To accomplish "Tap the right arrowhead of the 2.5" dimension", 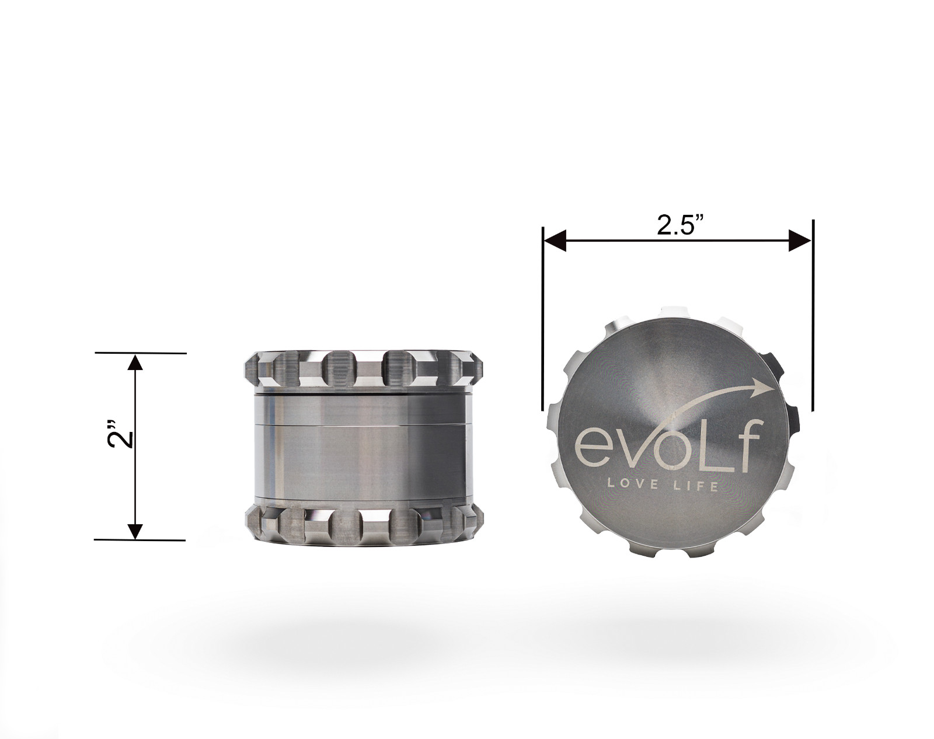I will (x=799, y=240).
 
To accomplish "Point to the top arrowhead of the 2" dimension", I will (x=135, y=363).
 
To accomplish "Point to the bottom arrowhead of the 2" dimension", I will (x=135, y=531).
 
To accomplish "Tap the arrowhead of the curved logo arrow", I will (x=766, y=386).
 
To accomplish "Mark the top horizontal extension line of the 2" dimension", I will (x=140, y=353).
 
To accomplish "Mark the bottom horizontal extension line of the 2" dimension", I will (x=140, y=540).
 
